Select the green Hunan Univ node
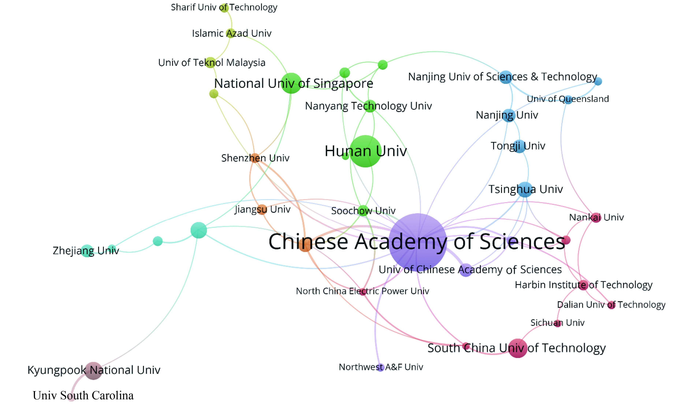coord(365,151)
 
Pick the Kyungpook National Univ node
coord(93,371)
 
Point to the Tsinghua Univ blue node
coord(525,189)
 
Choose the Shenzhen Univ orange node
coord(255,158)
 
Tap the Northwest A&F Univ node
coord(380,367)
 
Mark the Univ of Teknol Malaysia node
coord(210,63)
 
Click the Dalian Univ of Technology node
coord(611,305)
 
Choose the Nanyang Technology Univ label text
coord(368,106)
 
